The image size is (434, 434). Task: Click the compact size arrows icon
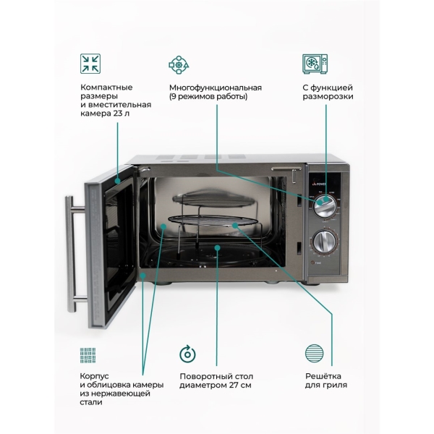(x=90, y=63)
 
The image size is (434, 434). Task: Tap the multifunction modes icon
(x=179, y=64)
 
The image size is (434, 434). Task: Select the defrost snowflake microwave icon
(x=312, y=63)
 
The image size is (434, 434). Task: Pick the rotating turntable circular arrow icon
(x=187, y=354)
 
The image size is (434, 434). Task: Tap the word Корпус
(x=97, y=376)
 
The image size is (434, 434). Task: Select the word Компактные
(x=106, y=88)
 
